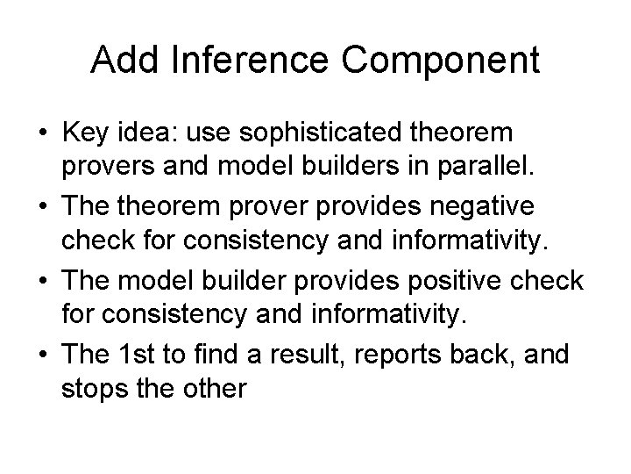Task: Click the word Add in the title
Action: coord(120,60)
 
